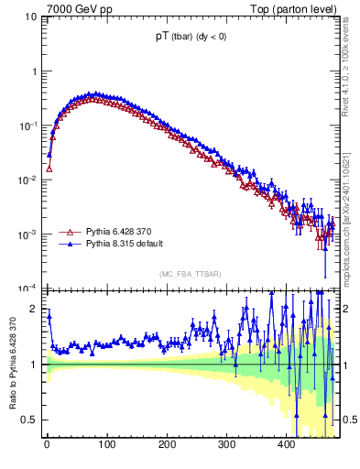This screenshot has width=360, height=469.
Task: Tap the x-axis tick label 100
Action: [x=107, y=445]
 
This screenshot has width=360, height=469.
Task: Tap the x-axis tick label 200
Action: [x=167, y=445]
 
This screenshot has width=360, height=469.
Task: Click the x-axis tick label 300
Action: [x=226, y=445]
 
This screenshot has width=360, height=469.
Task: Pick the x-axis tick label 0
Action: [x=47, y=445]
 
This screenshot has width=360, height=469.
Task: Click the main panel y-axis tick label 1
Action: [x=35, y=71]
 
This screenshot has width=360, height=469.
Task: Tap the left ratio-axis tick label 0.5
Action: [x=31, y=420]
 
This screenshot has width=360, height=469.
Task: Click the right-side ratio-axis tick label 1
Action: [x=346, y=365]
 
